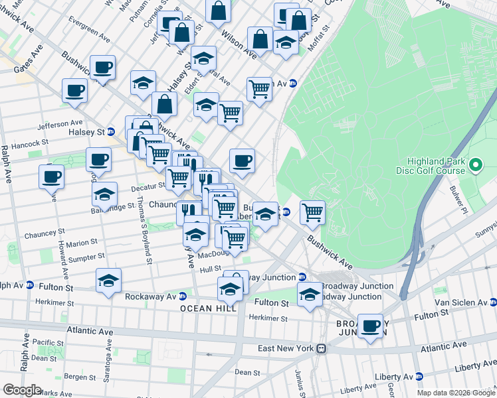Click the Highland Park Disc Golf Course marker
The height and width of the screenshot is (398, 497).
476,165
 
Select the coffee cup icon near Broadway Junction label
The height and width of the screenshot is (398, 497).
371,326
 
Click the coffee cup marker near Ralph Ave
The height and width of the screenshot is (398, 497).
52,176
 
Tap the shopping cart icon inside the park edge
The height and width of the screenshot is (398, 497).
312,212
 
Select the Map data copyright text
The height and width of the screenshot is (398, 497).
455,393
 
